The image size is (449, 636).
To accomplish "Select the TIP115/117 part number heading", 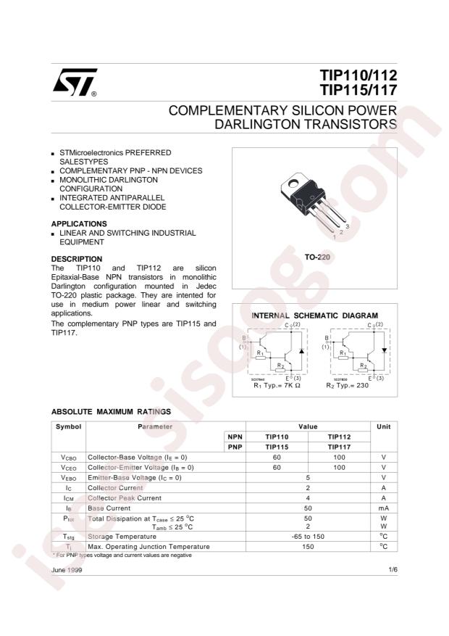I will point(358,91).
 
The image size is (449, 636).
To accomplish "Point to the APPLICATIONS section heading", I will point(80,223).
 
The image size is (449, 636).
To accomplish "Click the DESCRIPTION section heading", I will point(77,259).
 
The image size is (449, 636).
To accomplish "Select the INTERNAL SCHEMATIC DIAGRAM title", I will point(314,315).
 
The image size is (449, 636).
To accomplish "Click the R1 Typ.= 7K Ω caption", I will point(276,386).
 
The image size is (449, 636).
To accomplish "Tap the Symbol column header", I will point(69,426).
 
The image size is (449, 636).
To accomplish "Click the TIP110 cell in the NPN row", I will point(277,437).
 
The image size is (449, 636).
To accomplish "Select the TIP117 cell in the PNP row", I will point(338,447).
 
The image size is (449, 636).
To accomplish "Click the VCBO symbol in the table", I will point(69,458).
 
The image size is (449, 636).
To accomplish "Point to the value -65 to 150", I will point(308,536).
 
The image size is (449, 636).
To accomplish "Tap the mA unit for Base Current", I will point(383,509).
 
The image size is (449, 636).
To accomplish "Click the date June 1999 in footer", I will point(67,571).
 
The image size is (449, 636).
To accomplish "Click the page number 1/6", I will point(393,571).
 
